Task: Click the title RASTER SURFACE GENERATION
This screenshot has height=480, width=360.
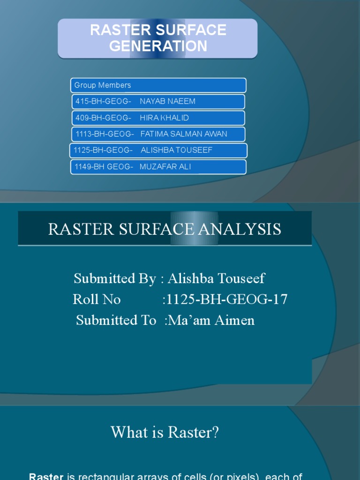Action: click(158, 38)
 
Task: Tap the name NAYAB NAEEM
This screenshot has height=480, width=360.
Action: click(167, 101)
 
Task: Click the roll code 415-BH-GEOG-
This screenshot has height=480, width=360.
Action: click(103, 101)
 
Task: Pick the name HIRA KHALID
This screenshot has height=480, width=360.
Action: click(164, 118)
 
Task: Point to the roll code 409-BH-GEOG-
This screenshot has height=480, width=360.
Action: click(103, 118)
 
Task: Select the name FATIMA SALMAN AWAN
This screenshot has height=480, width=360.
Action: click(184, 134)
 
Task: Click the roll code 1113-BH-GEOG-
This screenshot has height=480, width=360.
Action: click(105, 134)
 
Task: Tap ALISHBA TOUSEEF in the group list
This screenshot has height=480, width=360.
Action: click(176, 150)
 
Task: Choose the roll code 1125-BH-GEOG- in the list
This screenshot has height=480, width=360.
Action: click(103, 150)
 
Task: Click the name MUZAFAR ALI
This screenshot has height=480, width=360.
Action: click(165, 167)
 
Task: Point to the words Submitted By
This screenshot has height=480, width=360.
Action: click(114, 278)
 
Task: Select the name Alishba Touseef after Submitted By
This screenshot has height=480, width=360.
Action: click(216, 278)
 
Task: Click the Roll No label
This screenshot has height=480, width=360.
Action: click(97, 299)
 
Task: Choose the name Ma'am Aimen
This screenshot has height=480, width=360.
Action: click(211, 320)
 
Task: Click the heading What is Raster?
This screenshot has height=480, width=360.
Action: click(165, 432)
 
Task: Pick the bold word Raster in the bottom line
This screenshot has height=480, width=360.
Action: click(46, 477)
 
